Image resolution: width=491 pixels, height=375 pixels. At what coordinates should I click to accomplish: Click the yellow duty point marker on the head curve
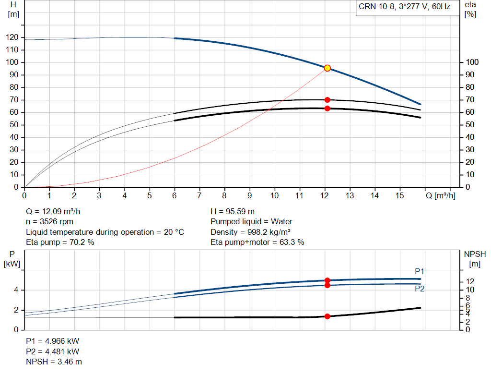click(327, 68)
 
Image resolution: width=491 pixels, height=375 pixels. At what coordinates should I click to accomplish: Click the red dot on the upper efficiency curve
click(327, 100)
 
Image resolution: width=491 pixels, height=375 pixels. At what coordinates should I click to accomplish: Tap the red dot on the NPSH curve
click(327, 316)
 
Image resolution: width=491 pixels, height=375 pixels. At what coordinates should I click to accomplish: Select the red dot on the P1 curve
click(327, 280)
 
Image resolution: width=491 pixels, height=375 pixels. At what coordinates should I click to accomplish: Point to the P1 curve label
click(419, 271)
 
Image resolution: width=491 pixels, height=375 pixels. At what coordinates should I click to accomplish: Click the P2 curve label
click(420, 289)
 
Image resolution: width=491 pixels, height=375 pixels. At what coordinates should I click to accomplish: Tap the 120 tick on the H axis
click(12, 37)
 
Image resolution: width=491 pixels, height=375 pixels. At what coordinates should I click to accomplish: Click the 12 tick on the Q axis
click(325, 195)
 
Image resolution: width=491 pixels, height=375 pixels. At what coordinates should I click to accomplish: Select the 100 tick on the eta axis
click(472, 62)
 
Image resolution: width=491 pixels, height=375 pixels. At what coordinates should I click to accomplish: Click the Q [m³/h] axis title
click(440, 195)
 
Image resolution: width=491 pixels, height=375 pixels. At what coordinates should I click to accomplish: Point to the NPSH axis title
click(475, 259)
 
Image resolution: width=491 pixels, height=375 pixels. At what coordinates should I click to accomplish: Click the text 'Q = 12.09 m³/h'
click(53, 212)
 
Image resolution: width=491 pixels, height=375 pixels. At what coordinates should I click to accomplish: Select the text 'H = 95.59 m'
click(233, 212)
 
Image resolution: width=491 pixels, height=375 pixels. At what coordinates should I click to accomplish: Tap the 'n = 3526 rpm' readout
click(49, 222)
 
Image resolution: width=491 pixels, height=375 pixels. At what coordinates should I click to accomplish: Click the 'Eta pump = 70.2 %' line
click(60, 242)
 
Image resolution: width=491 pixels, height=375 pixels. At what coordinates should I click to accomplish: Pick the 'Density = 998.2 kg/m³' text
click(250, 232)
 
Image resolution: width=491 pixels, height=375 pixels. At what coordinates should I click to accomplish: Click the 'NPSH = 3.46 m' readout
click(54, 362)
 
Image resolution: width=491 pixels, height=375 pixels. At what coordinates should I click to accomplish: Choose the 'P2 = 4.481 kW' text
click(53, 351)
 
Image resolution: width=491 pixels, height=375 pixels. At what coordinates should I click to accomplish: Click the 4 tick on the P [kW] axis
click(16, 290)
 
